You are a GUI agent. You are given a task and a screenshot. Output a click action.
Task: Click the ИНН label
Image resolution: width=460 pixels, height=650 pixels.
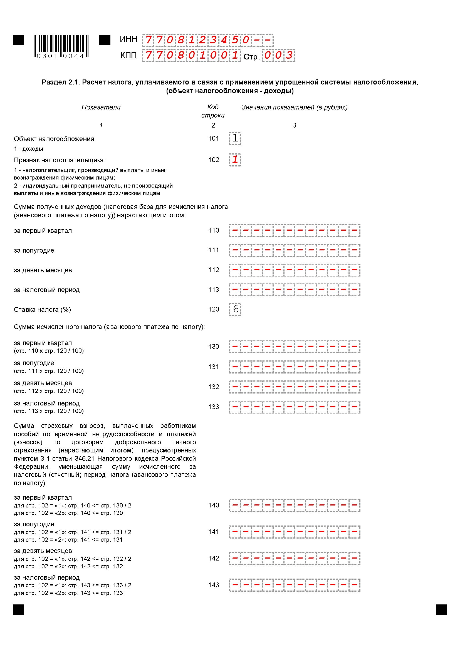[128, 39]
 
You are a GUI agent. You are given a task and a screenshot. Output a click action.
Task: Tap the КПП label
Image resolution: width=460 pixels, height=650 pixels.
[128, 56]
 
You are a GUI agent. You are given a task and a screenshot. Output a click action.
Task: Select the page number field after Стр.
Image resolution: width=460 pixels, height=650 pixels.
[278, 56]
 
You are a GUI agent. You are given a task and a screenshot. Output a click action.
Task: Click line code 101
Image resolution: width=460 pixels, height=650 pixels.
[214, 138]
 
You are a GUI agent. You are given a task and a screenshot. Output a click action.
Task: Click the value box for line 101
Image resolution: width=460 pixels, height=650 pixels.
[235, 138]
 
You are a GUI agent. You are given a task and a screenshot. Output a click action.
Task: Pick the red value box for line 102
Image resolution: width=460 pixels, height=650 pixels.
[235, 160]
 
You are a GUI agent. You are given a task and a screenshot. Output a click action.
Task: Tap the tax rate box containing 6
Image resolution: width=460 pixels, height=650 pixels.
[235, 309]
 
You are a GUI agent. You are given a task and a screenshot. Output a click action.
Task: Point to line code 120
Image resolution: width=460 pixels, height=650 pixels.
[214, 309]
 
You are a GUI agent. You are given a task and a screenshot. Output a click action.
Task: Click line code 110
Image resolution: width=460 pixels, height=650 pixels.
[214, 230]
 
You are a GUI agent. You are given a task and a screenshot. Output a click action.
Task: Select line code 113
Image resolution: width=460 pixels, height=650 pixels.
[214, 290]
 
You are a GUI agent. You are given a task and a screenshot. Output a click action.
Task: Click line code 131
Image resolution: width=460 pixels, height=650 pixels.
[214, 367]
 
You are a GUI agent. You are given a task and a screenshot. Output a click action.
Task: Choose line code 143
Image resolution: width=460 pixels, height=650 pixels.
[214, 585]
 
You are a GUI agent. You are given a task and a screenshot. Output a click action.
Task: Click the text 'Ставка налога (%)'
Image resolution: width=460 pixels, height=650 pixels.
[42, 310]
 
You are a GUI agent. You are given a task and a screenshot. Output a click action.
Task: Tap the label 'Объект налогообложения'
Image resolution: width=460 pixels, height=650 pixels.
[54, 139]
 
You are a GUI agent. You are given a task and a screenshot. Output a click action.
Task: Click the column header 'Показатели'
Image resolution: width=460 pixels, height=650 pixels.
[101, 107]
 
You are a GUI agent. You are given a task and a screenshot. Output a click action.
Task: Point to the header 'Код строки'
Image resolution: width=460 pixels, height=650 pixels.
[213, 111]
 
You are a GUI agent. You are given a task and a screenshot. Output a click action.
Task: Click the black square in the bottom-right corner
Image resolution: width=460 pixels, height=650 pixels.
[441, 609]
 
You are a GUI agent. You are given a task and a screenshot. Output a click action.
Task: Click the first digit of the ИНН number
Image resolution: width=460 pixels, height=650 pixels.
[148, 40]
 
